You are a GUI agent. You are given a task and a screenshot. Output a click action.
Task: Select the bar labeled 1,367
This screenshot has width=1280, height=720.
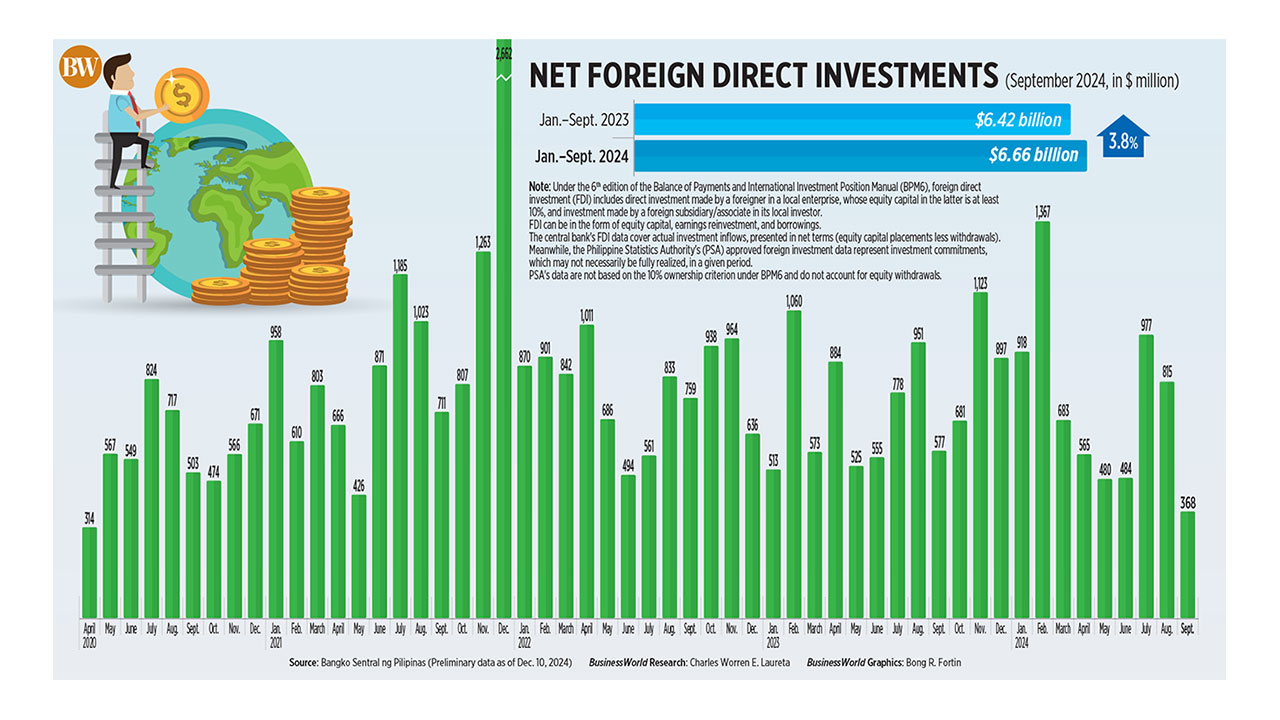1042,420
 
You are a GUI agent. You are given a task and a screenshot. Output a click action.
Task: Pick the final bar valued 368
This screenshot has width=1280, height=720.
1188,565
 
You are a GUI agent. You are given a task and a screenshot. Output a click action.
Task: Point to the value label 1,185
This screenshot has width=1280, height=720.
400,266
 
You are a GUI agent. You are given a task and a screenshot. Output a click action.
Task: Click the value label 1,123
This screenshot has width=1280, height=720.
980,284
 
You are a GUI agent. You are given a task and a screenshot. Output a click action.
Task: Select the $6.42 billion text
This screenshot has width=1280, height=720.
1018,120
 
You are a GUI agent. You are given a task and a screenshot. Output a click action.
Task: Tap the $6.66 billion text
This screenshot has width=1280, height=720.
1033,155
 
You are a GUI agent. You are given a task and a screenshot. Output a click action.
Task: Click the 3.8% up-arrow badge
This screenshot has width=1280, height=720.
1122,141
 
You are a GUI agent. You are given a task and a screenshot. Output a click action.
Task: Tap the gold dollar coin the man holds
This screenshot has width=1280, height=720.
181,95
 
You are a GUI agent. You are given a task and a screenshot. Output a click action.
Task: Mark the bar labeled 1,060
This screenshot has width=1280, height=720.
794,465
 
